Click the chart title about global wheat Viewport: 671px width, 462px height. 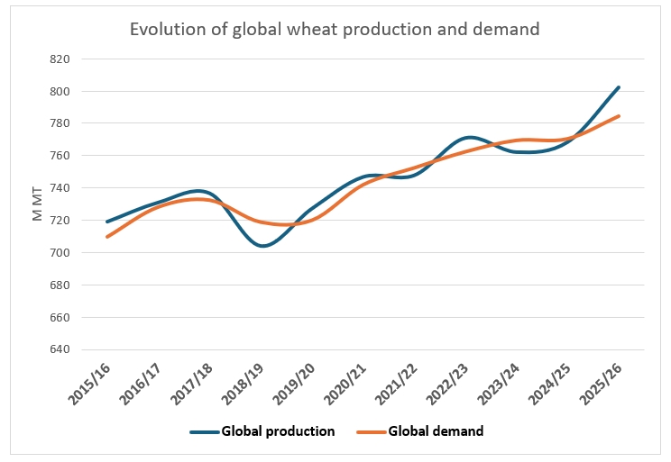click(335, 29)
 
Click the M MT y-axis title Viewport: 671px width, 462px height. click(38, 204)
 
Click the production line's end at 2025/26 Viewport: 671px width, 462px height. click(619, 87)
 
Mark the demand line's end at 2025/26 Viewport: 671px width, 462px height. click(619, 116)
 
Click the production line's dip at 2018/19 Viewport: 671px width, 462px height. click(262, 246)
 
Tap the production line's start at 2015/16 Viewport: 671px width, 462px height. click(107, 222)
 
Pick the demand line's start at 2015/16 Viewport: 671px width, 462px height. click(107, 237)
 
